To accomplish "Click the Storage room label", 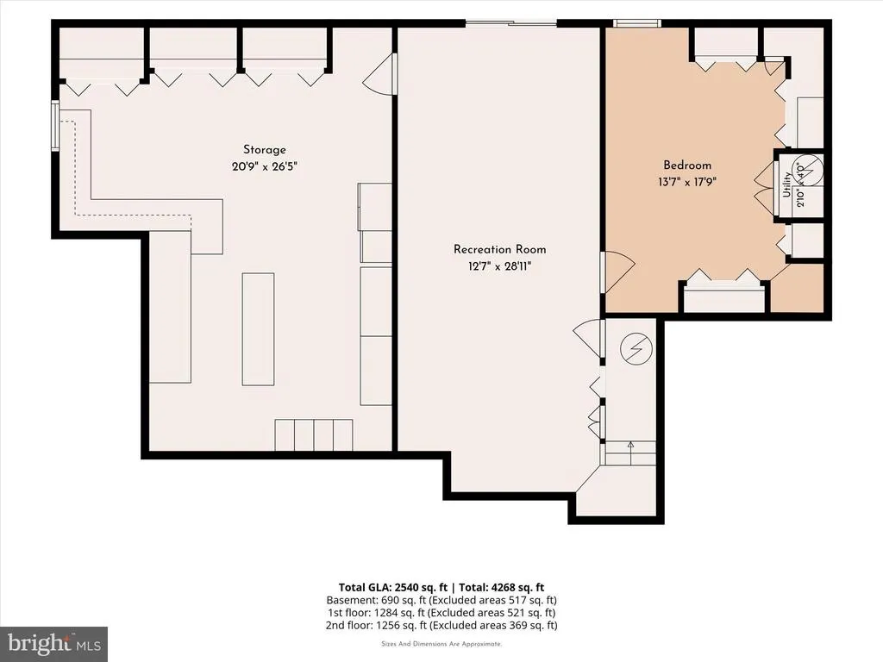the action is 264,150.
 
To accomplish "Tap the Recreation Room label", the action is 499,249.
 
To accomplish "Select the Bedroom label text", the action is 687,165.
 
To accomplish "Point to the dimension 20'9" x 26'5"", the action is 264,166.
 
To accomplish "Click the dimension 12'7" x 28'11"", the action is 499,265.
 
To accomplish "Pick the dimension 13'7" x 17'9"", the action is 687,182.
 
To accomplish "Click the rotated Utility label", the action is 786,184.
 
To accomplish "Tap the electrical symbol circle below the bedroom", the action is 636,349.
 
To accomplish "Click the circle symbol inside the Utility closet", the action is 808,168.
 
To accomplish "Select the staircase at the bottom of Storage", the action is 314,435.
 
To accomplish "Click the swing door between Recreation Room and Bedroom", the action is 617,272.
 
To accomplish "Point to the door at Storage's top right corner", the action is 379,74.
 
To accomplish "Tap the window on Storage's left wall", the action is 55,126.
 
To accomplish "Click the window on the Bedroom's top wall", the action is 637,23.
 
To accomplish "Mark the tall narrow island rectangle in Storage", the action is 258,329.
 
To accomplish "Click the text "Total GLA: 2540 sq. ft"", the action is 393,588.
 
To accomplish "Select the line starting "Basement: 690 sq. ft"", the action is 441,600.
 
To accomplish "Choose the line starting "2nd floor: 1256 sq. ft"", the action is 441,626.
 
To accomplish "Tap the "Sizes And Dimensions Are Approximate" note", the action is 441,644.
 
